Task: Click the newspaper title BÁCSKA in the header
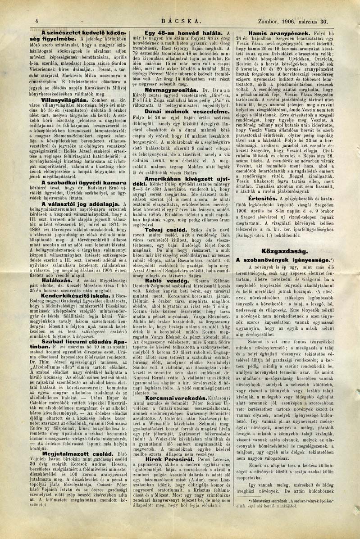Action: coord(182,21)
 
